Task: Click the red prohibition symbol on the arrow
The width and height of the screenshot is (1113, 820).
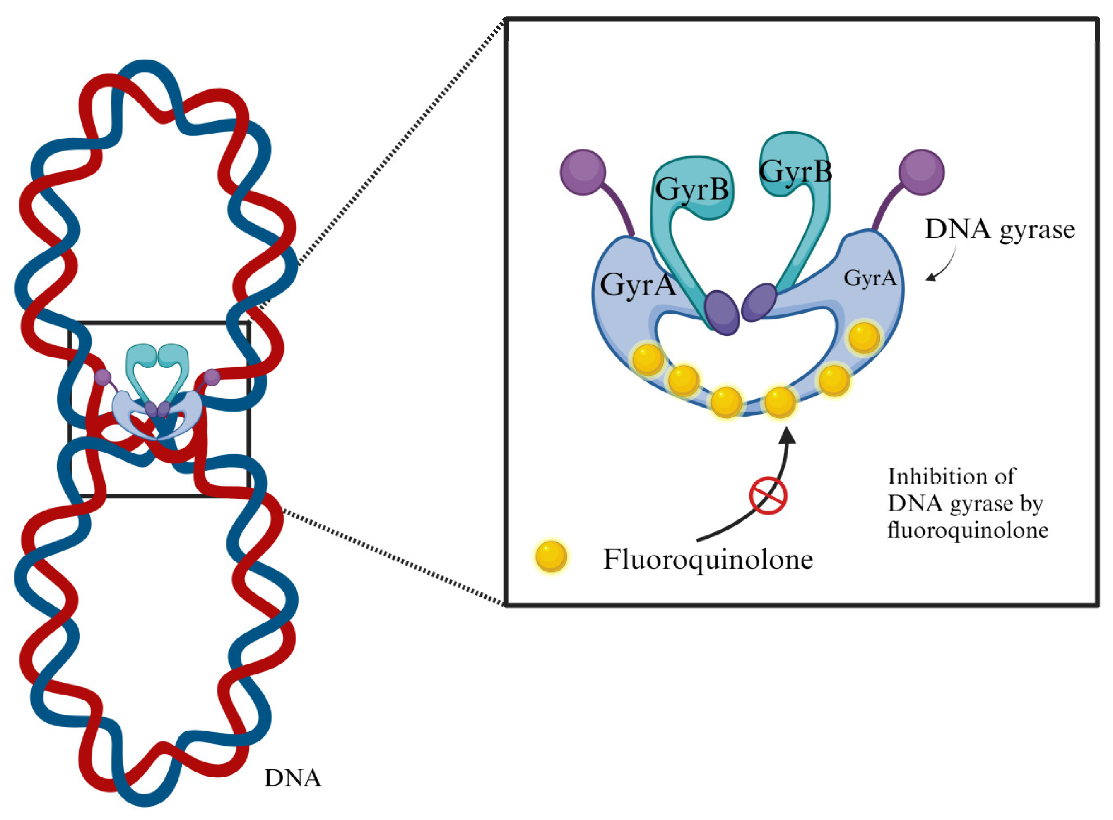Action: coord(768,495)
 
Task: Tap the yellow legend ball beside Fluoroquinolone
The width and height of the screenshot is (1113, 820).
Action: coord(551,556)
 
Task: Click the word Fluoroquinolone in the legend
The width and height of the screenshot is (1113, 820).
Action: coord(708,559)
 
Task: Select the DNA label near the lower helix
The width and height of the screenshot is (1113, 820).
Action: coord(292,778)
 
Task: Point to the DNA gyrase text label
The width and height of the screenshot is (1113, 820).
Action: coord(999,230)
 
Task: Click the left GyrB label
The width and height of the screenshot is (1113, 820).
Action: coord(691,189)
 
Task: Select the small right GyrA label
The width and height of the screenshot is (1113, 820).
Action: coord(870,278)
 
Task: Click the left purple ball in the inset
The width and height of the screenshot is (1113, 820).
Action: coord(583,172)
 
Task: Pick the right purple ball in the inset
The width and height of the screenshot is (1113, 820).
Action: coord(922,172)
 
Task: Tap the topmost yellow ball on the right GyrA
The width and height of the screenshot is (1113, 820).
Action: coord(864,337)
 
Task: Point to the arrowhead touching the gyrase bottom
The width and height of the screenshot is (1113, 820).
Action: coord(787,434)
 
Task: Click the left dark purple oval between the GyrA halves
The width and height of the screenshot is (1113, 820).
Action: coord(722,313)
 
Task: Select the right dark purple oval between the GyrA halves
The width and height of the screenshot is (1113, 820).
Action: coord(759,302)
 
